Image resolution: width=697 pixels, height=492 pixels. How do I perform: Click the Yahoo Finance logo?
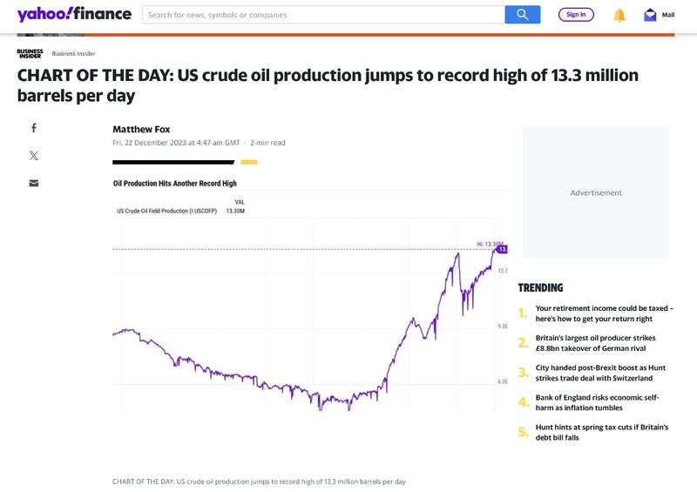(x=74, y=14)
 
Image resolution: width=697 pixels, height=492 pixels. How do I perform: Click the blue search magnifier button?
(x=522, y=14)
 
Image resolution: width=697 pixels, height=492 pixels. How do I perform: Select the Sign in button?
(x=576, y=14)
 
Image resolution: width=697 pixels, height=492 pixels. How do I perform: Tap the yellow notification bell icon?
(x=619, y=15)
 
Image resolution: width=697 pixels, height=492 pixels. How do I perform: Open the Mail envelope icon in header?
(x=650, y=15)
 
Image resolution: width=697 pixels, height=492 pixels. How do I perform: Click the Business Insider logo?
(x=30, y=53)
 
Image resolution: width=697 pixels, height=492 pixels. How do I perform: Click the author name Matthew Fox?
(x=141, y=129)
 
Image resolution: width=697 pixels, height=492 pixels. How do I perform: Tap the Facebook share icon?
(x=34, y=128)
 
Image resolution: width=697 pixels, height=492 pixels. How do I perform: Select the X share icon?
(x=34, y=156)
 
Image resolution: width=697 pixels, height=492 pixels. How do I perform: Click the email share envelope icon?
(x=34, y=183)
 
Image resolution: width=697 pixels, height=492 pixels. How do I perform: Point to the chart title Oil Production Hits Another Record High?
(x=175, y=184)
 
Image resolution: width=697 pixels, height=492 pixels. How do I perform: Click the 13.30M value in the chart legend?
(x=235, y=211)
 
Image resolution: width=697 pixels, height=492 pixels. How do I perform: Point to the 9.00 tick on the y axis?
(x=503, y=326)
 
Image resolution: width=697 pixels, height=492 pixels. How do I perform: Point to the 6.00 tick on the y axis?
(x=503, y=381)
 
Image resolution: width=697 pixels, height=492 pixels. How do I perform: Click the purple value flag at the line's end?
(x=502, y=249)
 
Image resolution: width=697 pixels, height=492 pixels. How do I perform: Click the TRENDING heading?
(x=540, y=287)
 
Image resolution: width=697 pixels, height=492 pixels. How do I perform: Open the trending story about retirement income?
(x=604, y=313)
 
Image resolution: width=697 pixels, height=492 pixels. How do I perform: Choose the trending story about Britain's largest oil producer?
(x=595, y=343)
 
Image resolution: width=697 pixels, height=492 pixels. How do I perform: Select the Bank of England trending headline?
(x=597, y=402)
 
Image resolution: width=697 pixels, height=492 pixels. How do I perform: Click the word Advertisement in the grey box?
(x=596, y=192)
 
